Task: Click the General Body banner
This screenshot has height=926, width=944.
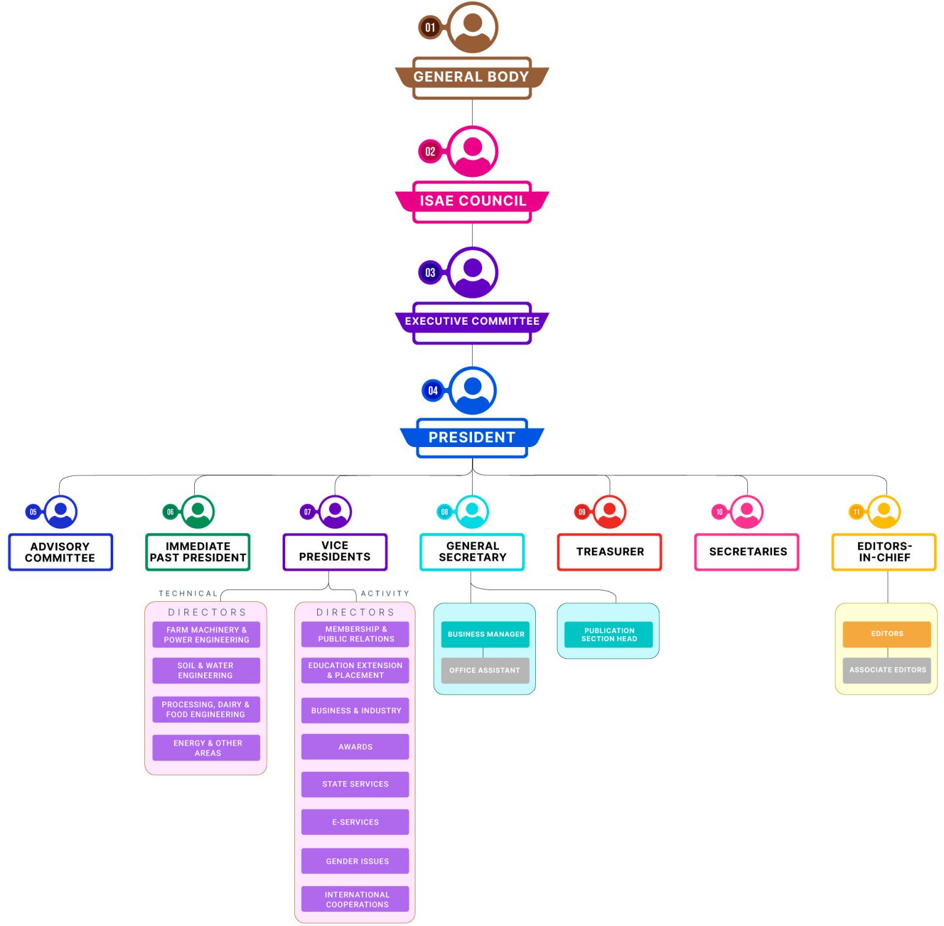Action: (x=471, y=77)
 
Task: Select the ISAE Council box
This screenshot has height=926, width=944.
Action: (x=472, y=201)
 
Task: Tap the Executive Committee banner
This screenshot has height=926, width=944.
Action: (x=472, y=321)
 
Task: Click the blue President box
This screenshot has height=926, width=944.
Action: (x=472, y=437)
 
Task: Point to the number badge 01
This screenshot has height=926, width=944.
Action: (x=430, y=28)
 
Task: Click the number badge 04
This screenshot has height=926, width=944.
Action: (x=433, y=391)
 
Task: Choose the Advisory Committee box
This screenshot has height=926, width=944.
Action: (x=60, y=552)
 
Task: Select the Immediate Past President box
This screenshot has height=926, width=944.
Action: (x=198, y=552)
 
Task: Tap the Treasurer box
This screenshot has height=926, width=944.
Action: (x=610, y=552)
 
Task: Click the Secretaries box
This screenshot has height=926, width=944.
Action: (x=747, y=552)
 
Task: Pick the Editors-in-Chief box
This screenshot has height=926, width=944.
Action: (x=884, y=552)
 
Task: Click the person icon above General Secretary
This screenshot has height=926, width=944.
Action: (x=472, y=512)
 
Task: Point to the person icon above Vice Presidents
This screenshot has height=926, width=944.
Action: (x=335, y=512)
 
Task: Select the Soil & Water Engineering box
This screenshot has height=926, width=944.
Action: (x=206, y=671)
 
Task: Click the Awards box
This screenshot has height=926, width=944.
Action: (x=355, y=747)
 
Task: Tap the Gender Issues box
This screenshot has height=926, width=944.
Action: (x=355, y=861)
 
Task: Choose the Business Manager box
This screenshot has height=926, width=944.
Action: (x=486, y=634)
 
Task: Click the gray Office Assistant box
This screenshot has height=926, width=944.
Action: (x=485, y=671)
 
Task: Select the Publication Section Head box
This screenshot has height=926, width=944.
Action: (x=608, y=635)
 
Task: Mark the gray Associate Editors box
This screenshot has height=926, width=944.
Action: (x=887, y=670)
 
